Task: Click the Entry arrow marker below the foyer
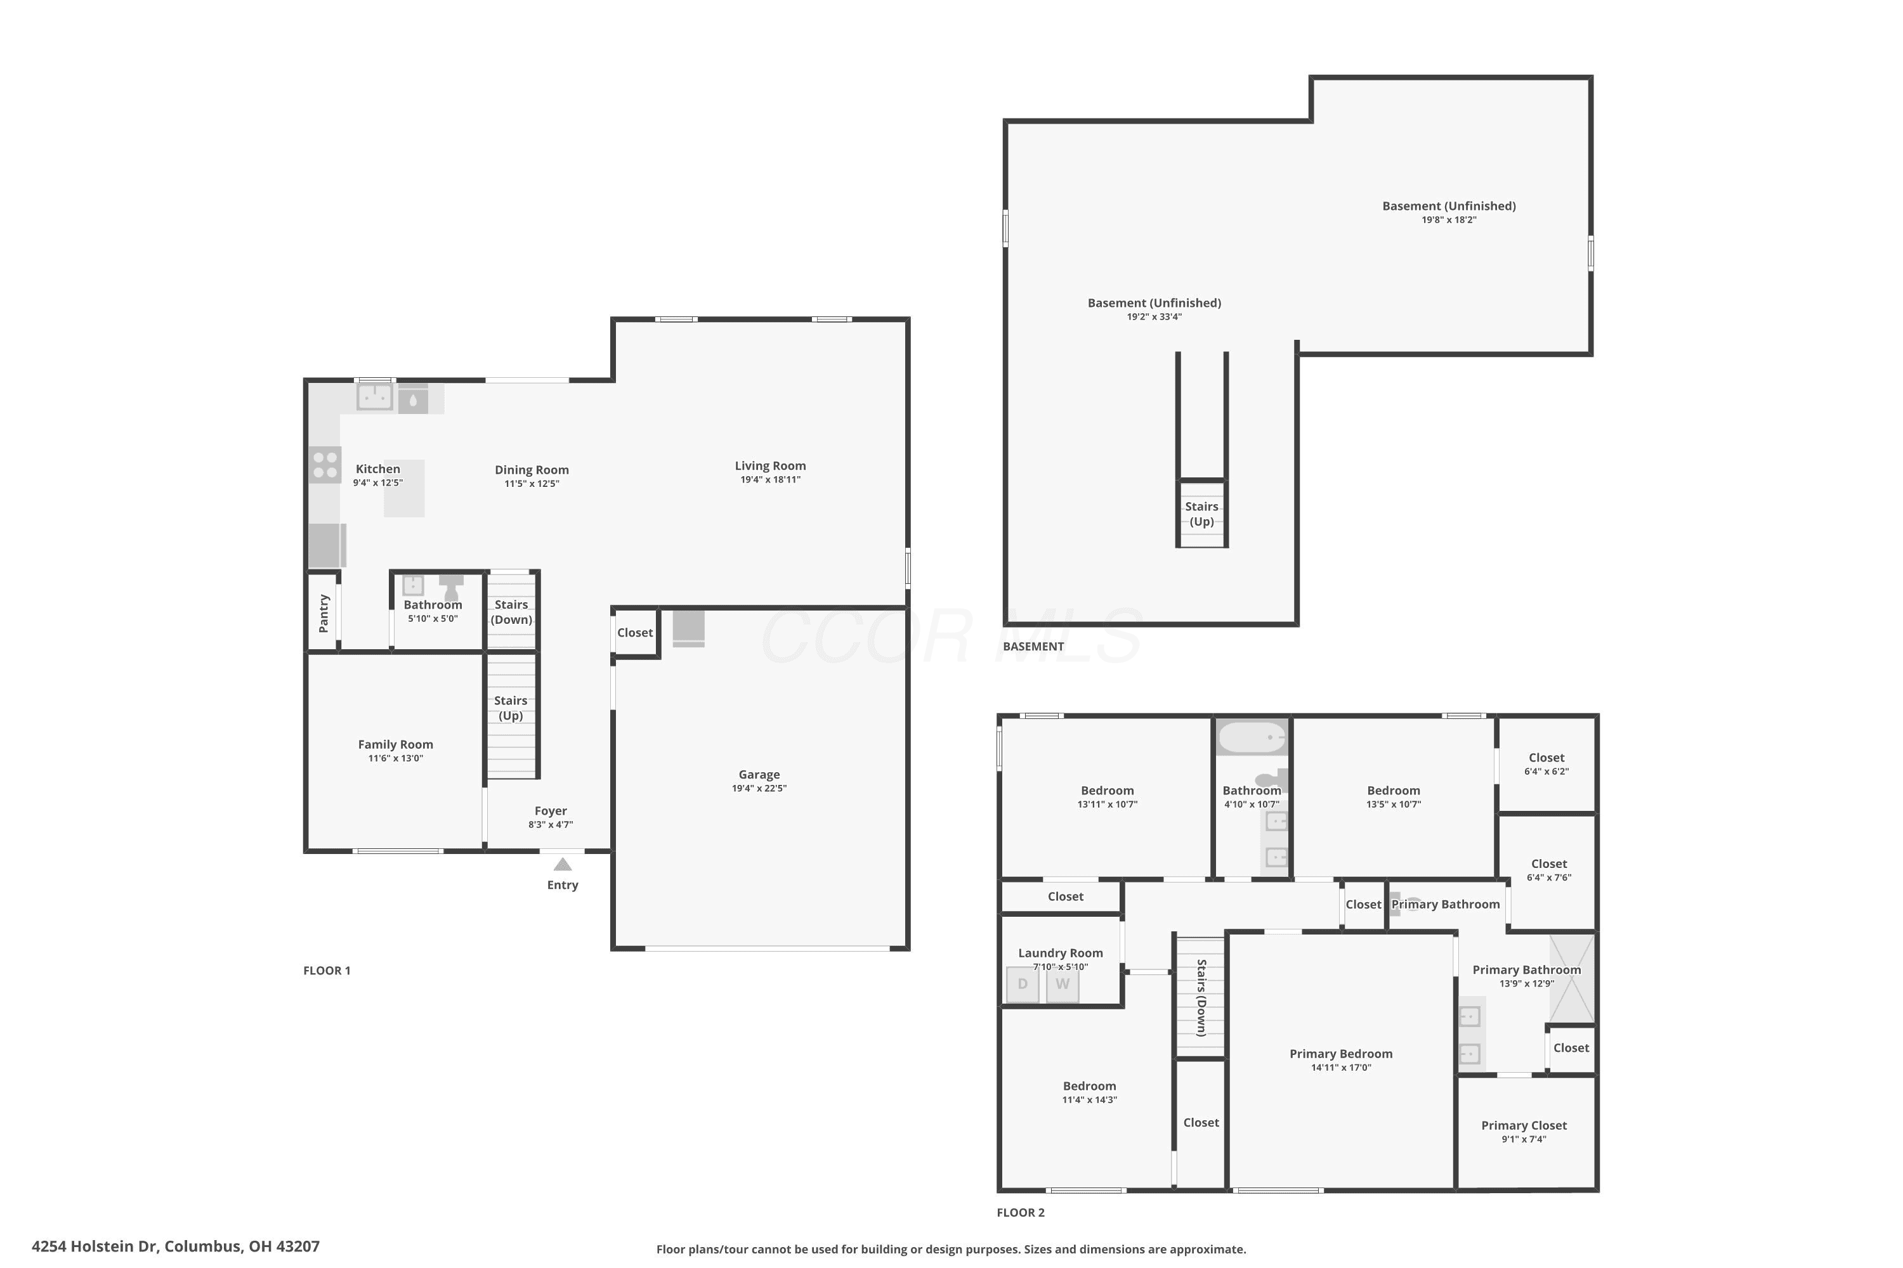(x=562, y=865)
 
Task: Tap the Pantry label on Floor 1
(x=324, y=613)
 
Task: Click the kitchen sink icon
(x=375, y=397)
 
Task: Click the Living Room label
(x=770, y=466)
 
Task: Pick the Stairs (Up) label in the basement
(x=1201, y=514)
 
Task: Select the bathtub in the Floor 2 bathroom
(x=1252, y=737)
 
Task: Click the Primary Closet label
(x=1524, y=1126)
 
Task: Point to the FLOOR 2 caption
(x=1020, y=1212)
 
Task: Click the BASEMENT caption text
(x=1033, y=646)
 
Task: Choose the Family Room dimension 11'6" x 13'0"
(x=396, y=758)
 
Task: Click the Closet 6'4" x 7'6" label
(x=1548, y=870)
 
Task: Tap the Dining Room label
(x=532, y=470)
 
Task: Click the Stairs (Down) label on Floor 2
(x=1201, y=998)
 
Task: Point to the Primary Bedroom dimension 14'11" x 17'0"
(x=1342, y=1068)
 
